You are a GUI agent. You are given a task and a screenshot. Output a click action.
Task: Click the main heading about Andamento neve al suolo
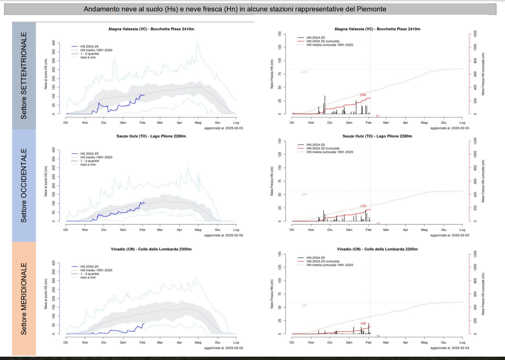pos(235,8)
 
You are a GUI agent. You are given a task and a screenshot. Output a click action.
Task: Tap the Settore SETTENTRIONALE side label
pos(24,75)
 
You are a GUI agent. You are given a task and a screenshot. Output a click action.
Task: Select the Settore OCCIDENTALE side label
pos(24,185)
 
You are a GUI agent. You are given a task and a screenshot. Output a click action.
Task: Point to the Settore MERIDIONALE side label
pos(24,299)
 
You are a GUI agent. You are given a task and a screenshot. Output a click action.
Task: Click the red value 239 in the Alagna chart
pos(363,95)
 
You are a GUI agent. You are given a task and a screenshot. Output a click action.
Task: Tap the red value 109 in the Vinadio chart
pos(363,323)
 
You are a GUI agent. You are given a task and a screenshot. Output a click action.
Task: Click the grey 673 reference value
pos(304,72)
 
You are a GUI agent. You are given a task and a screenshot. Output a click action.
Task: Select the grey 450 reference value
pos(304,194)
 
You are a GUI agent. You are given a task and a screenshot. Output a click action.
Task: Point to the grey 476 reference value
pos(304,305)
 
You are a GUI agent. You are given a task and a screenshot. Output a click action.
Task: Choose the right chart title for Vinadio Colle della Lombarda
pos(377,249)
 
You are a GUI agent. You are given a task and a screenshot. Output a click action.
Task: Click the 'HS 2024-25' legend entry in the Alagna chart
pos(89,46)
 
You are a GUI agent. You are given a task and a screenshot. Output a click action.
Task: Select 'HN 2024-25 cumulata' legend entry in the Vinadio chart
pos(323,261)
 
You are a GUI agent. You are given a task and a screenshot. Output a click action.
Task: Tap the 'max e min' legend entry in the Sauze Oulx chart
pos(88,164)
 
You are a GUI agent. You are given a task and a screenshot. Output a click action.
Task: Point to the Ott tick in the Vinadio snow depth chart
pos(66,342)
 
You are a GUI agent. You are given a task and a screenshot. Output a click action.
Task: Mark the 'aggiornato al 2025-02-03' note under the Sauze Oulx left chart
pos(223,235)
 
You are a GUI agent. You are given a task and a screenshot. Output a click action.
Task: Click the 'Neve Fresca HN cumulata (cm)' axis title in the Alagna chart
pos(484,75)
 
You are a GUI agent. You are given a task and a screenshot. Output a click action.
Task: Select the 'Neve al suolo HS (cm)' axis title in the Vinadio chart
pos(45,295)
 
